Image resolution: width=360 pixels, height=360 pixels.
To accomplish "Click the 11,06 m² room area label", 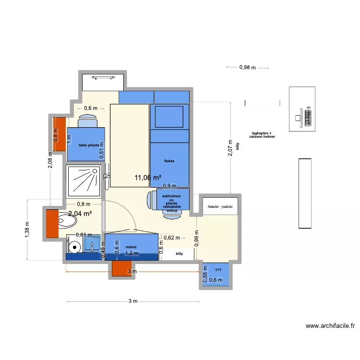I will pos(148,178).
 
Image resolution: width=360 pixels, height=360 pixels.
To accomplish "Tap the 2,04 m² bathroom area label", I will pos(80,214).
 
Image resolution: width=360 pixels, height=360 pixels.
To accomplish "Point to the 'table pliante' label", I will pos(85,144).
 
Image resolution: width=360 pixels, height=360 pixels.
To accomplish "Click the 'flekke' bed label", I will pos(169,161).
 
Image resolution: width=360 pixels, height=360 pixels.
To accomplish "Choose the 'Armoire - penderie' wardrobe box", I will pos(220,206).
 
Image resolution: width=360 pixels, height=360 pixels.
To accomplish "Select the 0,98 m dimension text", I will pos(248,68).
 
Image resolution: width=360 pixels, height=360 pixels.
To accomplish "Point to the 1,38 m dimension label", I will pos(27,229).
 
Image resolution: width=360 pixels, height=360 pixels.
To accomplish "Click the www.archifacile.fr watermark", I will pos(331,325).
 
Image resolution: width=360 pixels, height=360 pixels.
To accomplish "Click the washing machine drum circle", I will pos(73,247).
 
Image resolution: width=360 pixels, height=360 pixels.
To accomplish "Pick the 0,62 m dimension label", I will pos(171,238).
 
